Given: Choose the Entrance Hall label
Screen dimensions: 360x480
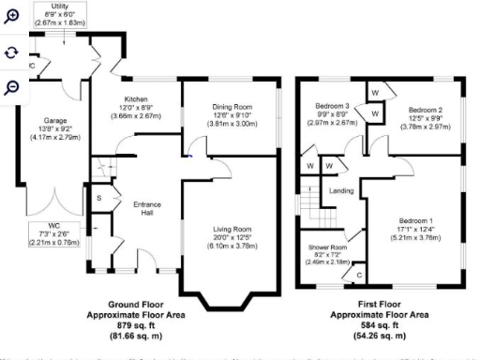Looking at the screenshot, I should (148, 208).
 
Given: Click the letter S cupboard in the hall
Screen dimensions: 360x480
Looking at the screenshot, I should (98, 197).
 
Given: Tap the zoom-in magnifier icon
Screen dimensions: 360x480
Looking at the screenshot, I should (11, 17).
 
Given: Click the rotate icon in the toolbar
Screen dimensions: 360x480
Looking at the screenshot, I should (11, 52).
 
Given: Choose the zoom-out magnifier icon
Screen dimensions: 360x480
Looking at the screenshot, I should (11, 87).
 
